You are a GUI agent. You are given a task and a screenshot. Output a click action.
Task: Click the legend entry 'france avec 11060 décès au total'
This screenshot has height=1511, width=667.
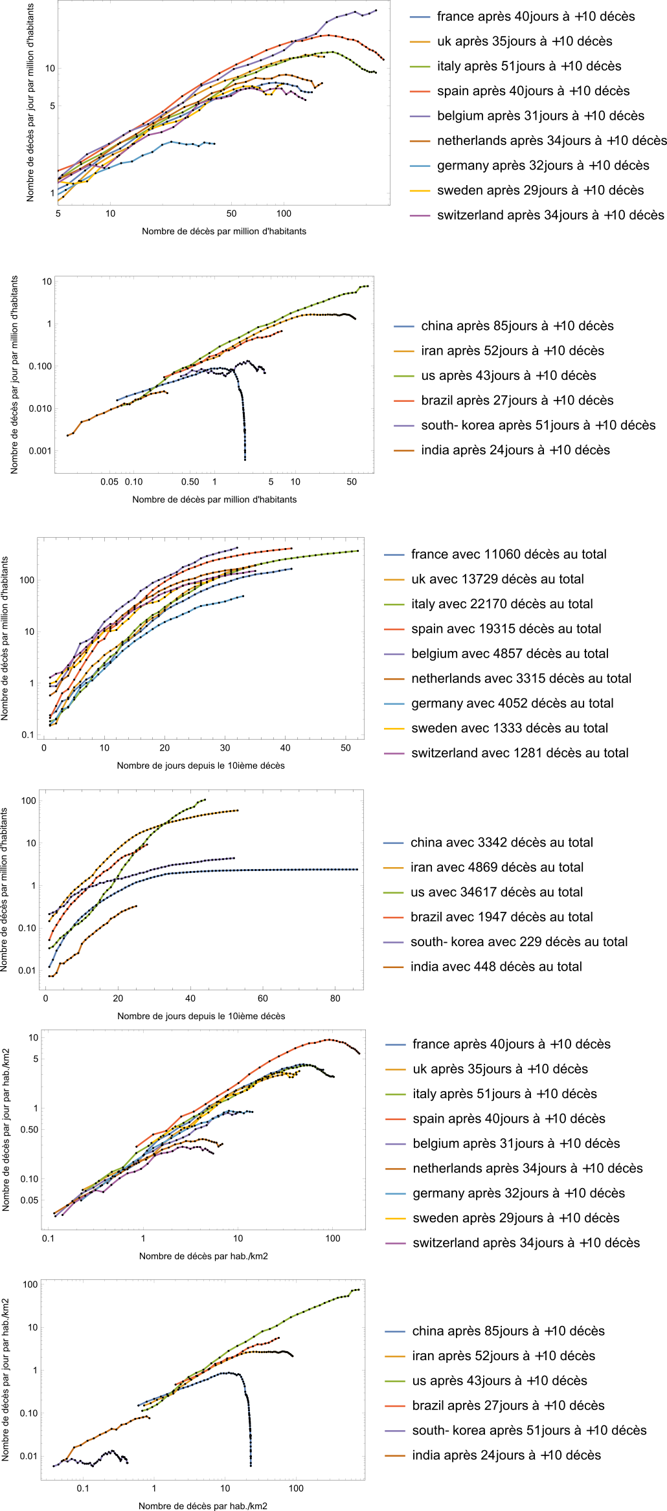coord(508,555)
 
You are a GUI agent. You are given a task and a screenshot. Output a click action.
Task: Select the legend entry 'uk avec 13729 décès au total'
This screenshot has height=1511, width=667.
coord(497,579)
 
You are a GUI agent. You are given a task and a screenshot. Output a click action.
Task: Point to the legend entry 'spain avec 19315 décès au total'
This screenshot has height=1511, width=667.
coord(506,629)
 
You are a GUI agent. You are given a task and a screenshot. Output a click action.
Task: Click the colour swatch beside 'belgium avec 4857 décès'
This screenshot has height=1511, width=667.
coord(394,654)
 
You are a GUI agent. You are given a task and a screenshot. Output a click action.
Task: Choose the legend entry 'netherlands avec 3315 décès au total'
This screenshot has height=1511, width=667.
coord(521,678)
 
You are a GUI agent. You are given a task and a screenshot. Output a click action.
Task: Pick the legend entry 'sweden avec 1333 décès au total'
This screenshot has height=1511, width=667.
coord(510,728)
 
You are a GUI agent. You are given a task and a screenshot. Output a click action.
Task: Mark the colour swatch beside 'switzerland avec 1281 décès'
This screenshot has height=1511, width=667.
coord(394,753)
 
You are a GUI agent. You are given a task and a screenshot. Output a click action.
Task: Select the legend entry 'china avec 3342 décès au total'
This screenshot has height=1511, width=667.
coord(501,843)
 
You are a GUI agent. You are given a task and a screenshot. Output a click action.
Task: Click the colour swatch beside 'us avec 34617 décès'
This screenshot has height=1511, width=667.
coord(394,892)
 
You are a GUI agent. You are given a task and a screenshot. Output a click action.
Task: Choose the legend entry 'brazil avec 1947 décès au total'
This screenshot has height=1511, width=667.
coord(501,917)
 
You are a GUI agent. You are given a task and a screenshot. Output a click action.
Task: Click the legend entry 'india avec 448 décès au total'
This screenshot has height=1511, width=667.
coord(496,967)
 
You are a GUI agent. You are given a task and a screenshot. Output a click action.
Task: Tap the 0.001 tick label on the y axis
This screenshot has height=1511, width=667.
coord(40,451)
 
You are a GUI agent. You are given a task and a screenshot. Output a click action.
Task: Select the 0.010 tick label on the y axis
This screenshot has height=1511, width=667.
coord(40,408)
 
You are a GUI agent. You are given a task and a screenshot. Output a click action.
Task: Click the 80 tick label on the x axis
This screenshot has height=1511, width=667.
coord(335,998)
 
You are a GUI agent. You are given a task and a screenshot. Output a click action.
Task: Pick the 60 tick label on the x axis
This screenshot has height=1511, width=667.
coord(263,998)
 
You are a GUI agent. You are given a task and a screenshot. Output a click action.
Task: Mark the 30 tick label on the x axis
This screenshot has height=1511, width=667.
coord(225,748)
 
